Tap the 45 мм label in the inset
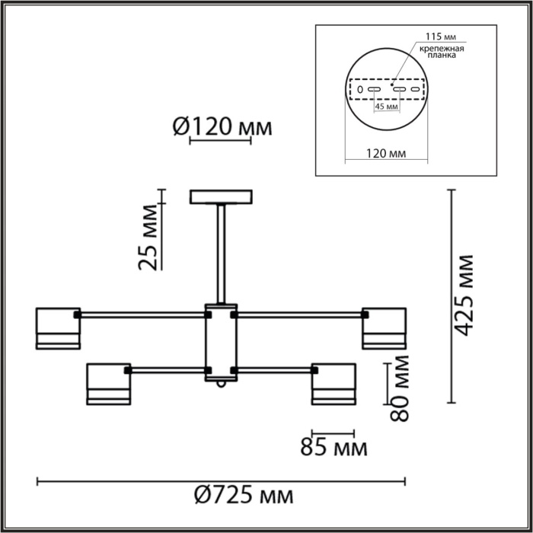coord(386,107)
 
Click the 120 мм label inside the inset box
coord(386,154)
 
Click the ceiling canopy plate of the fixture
coord(221,197)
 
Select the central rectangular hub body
coord(221,343)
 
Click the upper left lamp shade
coord(57,328)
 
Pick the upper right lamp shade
coord(385,328)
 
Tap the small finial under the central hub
coord(221,385)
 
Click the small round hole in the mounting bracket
coord(360,89)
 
